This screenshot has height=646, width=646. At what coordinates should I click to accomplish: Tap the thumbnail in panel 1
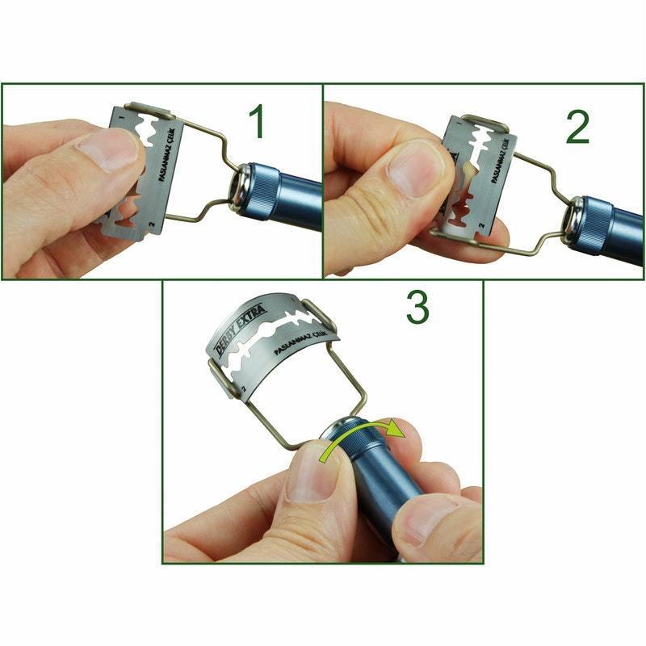point(107,150)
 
